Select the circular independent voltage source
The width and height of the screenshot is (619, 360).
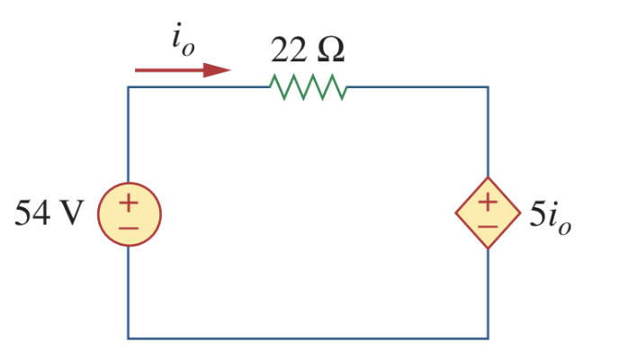click(128, 214)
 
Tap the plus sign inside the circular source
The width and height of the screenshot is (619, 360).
click(128, 202)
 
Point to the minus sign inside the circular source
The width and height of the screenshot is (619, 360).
click(128, 227)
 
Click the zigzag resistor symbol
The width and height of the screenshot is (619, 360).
click(307, 87)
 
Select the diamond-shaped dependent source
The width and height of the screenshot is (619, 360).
click(488, 214)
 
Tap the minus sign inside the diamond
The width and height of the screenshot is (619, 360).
click(488, 226)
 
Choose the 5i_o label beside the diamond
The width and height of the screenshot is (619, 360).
click(550, 216)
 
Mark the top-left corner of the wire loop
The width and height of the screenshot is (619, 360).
click(128, 87)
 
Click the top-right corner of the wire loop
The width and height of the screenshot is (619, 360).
click(488, 87)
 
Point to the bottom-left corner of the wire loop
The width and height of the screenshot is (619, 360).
click(128, 338)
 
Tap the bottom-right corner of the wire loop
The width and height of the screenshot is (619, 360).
click(488, 338)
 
